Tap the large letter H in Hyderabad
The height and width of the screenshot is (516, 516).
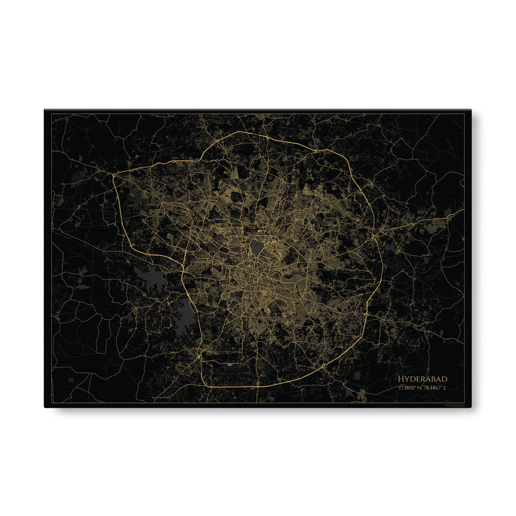point(400,379)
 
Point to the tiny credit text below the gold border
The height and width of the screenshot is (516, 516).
point(454,406)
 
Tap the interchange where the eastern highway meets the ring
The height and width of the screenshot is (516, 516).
point(373,237)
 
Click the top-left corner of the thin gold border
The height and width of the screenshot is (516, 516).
point(52,114)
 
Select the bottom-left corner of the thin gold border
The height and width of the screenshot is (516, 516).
point(52,403)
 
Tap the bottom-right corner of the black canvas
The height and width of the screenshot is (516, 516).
point(471,408)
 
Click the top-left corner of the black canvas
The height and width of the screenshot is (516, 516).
point(45,109)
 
